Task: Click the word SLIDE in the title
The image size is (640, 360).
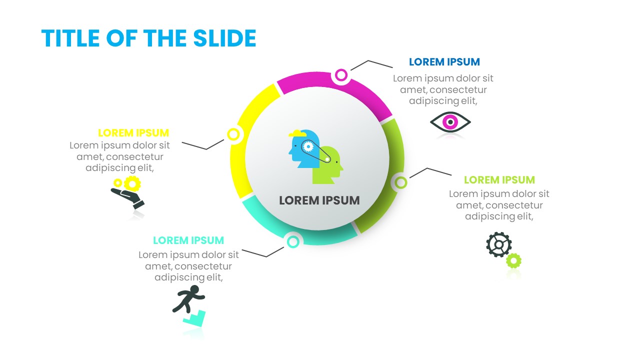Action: (224, 38)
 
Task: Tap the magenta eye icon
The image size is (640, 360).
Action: (450, 122)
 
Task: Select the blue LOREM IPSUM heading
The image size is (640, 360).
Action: (444, 61)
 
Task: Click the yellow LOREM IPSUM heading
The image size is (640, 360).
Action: (133, 133)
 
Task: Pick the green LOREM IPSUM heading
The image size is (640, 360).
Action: (499, 179)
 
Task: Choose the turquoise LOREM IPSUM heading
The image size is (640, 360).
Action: (188, 240)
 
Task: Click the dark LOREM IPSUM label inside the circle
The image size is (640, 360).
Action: (319, 200)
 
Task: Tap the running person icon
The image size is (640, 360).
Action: (188, 299)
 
